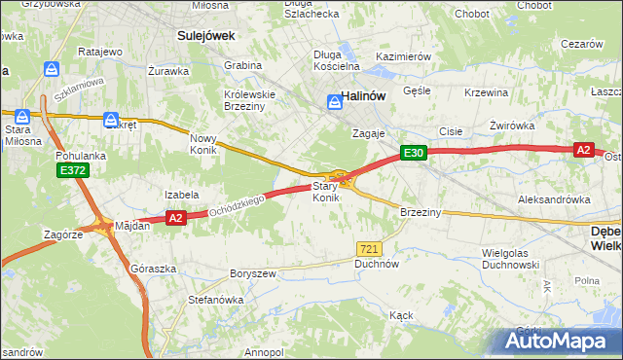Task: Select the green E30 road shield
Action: click(414, 153)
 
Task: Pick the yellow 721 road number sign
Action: click(368, 249)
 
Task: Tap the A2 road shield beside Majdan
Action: click(175, 219)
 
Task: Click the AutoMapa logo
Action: click(556, 341)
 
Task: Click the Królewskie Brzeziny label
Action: click(250, 101)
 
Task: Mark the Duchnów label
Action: click(378, 264)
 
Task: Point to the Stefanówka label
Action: click(215, 300)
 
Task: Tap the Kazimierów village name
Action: click(403, 57)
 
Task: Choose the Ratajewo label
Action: click(98, 51)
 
